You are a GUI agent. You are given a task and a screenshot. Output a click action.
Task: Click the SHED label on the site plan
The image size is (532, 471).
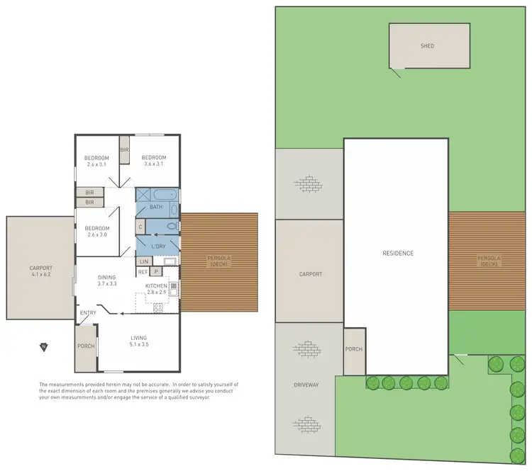[427, 46]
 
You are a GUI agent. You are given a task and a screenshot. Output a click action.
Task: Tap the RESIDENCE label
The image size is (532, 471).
[398, 253]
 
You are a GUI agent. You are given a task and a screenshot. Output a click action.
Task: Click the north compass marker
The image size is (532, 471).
[43, 347]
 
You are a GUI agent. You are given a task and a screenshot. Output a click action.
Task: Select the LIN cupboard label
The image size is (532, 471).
[143, 261]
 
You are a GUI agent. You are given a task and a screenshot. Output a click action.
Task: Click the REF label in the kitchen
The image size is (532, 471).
[143, 271]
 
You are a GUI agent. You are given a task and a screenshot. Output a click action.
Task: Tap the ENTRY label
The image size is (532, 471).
[89, 313]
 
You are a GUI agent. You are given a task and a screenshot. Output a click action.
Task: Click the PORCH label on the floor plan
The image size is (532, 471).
[85, 346]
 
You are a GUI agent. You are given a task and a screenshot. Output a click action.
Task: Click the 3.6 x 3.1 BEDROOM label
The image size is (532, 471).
[153, 161]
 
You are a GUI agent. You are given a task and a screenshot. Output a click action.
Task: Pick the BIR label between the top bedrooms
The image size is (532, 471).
[124, 150]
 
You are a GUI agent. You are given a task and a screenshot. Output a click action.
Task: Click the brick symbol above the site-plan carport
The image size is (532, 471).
[310, 184]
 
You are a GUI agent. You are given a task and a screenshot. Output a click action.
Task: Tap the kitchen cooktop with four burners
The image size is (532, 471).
[158, 307]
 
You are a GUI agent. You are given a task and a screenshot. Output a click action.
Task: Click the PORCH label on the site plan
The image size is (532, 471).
[353, 349]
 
